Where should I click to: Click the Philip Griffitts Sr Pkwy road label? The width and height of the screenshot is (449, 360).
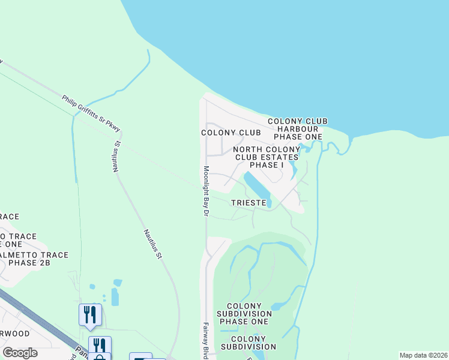pos(91,113)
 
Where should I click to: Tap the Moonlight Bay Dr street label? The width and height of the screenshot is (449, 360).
pos(205,191)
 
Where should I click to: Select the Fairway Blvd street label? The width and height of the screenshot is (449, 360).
pos(205,339)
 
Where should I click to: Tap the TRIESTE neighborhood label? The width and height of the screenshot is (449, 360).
pos(249,203)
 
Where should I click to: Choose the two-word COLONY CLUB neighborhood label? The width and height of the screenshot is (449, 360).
pos(231,133)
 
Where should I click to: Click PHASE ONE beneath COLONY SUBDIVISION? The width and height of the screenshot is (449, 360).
pos(243,322)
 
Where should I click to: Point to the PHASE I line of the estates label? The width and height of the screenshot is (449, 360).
pos(267,165)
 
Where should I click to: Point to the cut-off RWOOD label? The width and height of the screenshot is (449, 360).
pos(14,333)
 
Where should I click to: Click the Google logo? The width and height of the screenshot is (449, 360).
pos(20,352)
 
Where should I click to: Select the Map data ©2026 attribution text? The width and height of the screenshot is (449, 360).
pos(423,355)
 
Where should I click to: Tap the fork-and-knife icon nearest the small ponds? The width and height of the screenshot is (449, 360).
pos(90,313)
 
